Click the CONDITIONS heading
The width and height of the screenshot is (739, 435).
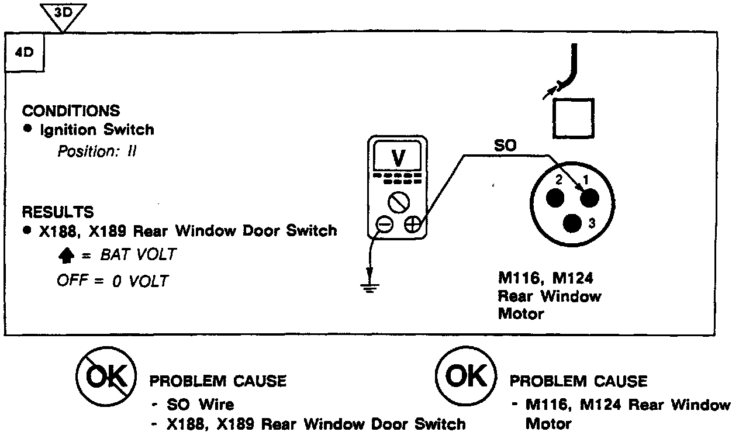tap(71, 111)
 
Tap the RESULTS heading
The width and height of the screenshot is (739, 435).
tap(57, 212)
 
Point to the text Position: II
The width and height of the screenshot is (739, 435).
tap(96, 151)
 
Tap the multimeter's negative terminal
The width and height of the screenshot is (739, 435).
tap(384, 225)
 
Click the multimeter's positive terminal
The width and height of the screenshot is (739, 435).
tap(412, 225)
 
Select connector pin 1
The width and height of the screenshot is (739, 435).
tap(589, 197)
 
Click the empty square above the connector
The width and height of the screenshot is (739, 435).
tap(573, 118)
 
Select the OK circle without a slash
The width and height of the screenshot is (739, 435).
tap(466, 377)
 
